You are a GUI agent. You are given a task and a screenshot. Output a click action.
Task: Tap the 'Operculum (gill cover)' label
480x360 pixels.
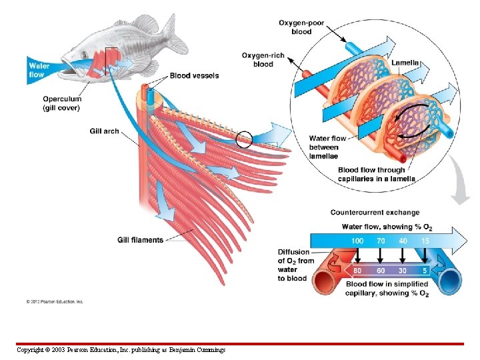coord(62,103)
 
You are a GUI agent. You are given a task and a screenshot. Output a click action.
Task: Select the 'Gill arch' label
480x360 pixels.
coord(104,131)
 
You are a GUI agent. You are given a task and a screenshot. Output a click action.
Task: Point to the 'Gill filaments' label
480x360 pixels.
coord(140,240)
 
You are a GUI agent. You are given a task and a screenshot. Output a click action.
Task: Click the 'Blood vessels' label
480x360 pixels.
coord(194,76)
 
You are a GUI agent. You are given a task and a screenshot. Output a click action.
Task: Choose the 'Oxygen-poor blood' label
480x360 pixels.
coord(301,27)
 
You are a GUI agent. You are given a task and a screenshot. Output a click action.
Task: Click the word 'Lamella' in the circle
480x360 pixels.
coord(405,63)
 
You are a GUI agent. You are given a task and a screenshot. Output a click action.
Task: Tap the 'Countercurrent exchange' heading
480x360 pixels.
coord(375,213)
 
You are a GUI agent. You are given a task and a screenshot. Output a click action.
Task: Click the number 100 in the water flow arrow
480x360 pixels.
coord(357,240)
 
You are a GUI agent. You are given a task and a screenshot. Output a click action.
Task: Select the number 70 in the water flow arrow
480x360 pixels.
coord(381,240)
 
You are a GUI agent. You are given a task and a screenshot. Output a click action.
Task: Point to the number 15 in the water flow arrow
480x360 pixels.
coord(425,240)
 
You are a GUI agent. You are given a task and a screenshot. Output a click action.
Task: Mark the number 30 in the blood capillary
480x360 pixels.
coord(403,271)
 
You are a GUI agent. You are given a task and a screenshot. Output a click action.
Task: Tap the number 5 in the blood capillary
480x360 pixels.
coord(425,271)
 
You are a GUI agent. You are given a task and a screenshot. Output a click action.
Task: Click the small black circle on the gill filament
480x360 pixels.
coord(244,139)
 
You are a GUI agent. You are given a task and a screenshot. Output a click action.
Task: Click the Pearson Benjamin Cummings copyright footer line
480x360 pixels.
coord(121,350)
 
